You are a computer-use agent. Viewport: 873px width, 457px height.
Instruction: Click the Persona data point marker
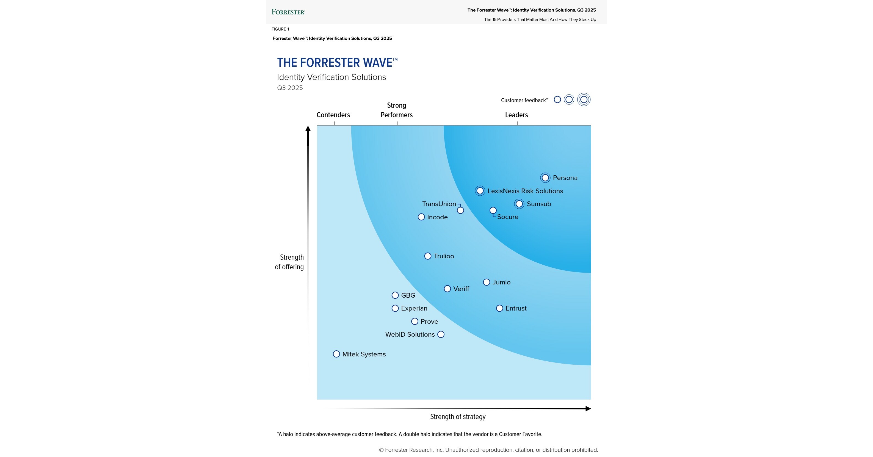point(545,178)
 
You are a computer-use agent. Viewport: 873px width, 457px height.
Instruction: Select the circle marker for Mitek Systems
point(336,354)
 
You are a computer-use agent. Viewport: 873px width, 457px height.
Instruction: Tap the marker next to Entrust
point(499,308)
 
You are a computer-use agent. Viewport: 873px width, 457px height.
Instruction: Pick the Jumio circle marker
point(486,282)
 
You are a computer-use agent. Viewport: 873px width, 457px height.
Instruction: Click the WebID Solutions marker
point(441,334)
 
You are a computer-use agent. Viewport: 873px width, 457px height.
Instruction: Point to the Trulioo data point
point(428,256)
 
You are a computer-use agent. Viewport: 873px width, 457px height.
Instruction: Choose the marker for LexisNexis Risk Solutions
point(480,191)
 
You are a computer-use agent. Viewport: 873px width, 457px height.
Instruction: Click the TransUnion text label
point(439,204)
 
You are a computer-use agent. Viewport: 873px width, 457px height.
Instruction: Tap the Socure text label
point(507,217)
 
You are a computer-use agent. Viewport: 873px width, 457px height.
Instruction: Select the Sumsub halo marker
point(519,204)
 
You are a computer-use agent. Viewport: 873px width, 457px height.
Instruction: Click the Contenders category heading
point(333,115)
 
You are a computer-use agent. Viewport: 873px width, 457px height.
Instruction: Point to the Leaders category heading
point(516,115)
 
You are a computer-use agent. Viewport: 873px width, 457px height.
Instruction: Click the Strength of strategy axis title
point(457,417)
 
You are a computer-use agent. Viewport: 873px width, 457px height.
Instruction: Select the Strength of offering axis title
point(290,262)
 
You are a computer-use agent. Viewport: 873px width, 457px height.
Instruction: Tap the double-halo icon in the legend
point(584,99)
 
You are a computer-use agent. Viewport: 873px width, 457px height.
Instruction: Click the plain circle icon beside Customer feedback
point(557,99)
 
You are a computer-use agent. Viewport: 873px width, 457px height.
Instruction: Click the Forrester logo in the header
point(288,12)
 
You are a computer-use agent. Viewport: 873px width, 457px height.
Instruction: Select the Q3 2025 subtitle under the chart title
point(290,88)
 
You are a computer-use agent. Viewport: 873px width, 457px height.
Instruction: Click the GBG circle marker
point(395,295)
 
